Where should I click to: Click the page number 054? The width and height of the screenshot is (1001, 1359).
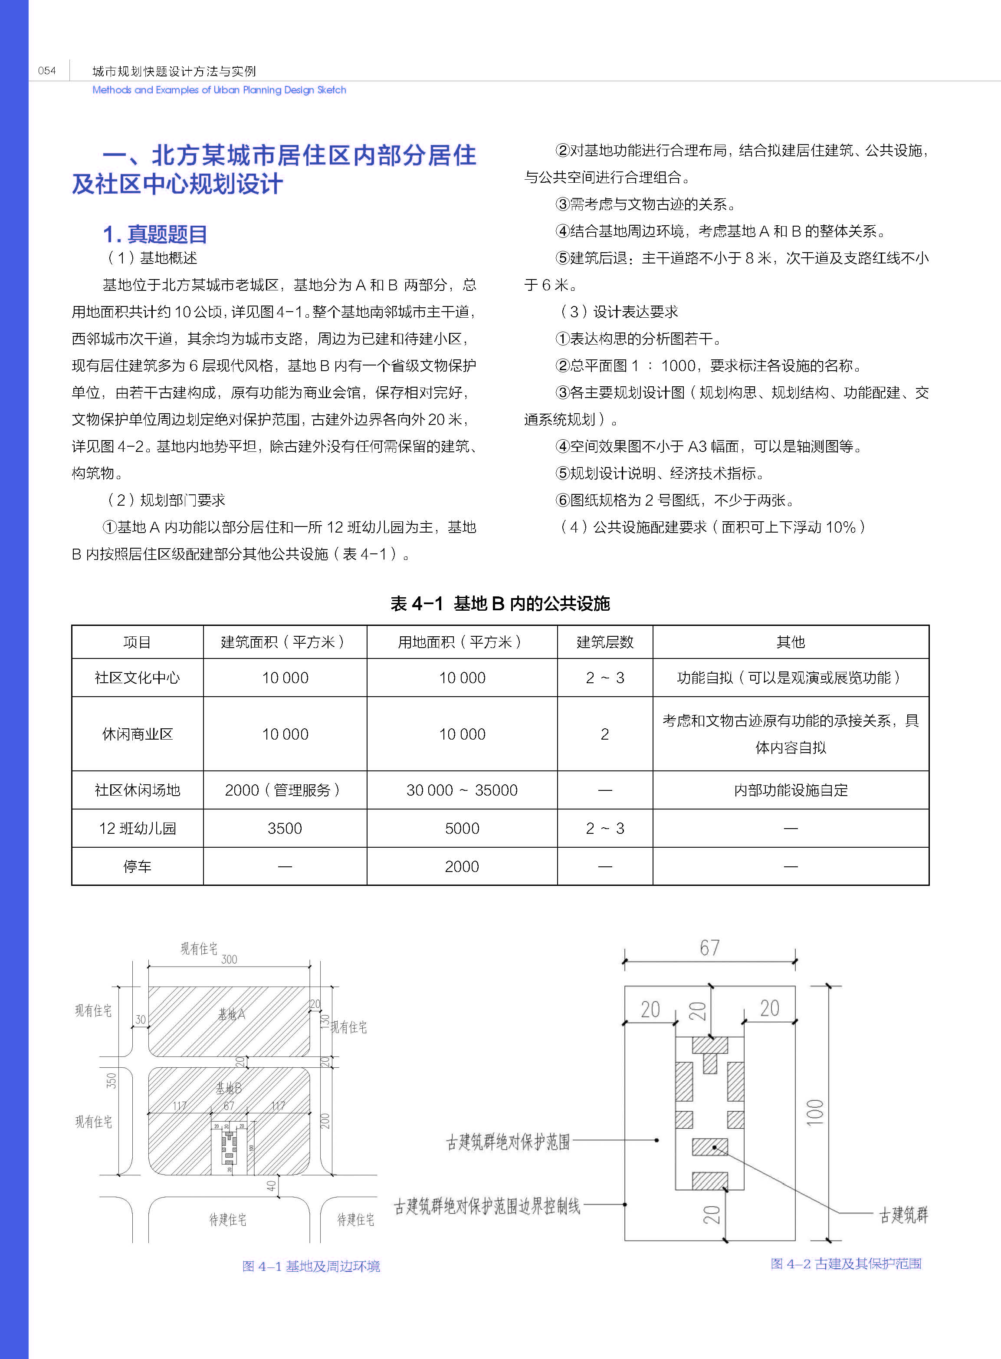[47, 71]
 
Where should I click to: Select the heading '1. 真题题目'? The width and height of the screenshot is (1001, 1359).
[155, 234]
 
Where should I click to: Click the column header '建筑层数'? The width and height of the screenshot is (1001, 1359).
[605, 642]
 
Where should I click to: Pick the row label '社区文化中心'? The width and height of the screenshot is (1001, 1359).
[137, 678]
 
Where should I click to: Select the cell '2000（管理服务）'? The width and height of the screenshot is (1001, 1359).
[284, 790]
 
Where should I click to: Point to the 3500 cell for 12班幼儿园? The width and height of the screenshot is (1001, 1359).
[284, 828]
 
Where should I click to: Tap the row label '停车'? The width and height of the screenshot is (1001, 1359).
[137, 866]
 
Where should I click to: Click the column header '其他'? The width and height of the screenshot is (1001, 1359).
[790, 642]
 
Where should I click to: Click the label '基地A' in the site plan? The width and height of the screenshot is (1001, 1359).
[231, 1014]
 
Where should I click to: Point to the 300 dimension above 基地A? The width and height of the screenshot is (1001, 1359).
[229, 959]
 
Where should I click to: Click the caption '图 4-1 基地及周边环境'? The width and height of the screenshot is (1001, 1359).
[311, 1266]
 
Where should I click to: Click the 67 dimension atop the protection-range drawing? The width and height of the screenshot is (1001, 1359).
[709, 948]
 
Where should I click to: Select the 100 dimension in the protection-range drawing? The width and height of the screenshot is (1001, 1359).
[816, 1112]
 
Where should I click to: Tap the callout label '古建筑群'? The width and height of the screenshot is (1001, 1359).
[903, 1215]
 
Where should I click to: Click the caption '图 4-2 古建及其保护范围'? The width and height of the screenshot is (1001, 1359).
[845, 1264]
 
